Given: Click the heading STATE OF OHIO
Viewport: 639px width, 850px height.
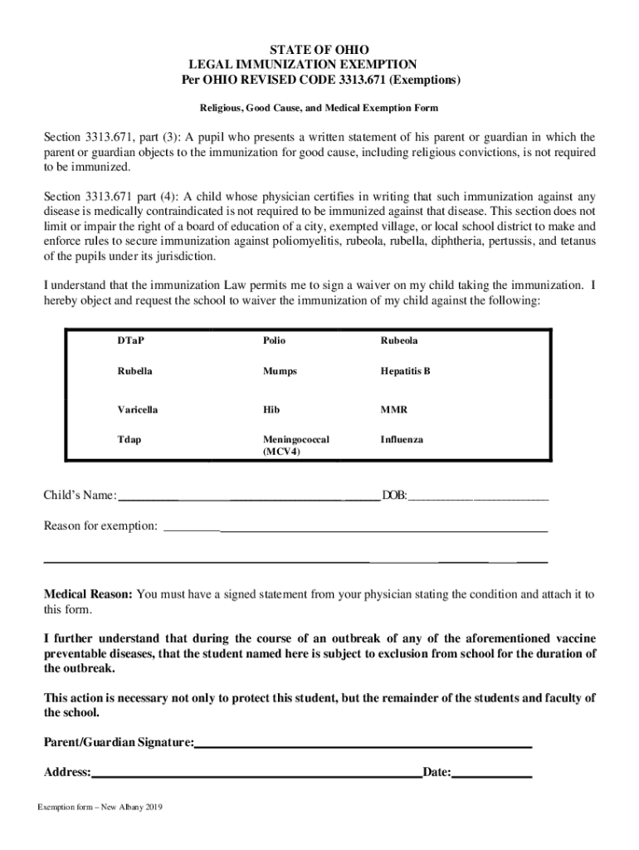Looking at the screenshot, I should click(319, 50).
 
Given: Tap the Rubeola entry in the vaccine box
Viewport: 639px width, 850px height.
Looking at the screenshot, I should click(399, 341).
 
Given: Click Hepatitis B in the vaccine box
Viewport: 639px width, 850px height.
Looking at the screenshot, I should click(406, 372).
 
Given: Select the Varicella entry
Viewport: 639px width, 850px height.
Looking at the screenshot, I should click(138, 410).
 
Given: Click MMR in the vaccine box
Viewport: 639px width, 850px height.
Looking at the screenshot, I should click(394, 410).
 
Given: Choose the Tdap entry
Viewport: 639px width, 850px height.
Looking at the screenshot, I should click(129, 439).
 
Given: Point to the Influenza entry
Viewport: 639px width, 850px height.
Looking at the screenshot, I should click(402, 439).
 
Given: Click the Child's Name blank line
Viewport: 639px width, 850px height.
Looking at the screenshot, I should click(249, 497).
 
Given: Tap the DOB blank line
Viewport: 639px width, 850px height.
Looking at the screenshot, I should click(478, 497).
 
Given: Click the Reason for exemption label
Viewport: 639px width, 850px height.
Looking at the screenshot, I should click(100, 526).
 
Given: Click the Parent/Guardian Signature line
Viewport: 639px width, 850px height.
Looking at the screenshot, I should click(363, 743).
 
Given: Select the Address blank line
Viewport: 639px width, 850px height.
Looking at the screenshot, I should click(256, 774).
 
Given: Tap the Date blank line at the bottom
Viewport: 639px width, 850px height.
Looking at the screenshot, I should click(491, 774).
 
